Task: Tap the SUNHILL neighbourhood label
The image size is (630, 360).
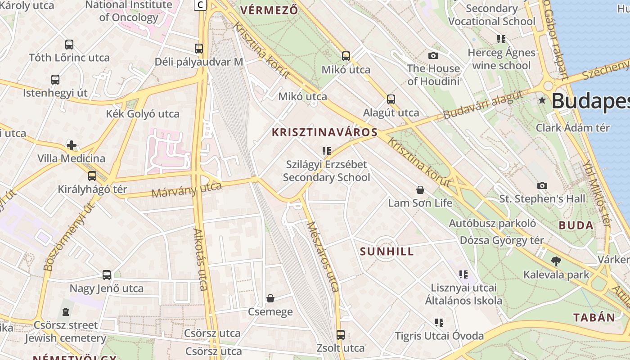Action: click(x=387, y=252)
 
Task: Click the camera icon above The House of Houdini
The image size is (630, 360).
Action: click(x=433, y=55)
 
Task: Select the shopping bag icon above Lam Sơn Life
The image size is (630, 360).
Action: click(x=420, y=190)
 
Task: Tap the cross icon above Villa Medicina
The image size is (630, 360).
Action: click(x=72, y=145)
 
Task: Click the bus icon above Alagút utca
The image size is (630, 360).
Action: click(x=391, y=99)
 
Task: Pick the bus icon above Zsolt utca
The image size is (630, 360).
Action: click(x=341, y=335)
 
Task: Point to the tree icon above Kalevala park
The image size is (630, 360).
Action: click(x=556, y=261)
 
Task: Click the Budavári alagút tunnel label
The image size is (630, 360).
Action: click(x=483, y=104)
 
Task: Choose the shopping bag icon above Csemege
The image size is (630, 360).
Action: click(x=270, y=298)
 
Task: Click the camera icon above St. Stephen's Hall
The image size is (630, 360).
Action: click(x=542, y=185)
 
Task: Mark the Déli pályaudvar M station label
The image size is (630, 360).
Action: click(x=198, y=62)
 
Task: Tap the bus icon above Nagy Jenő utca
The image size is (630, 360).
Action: click(x=106, y=275)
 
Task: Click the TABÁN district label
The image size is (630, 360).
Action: click(x=594, y=317)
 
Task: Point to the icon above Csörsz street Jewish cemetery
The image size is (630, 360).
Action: click(x=66, y=312)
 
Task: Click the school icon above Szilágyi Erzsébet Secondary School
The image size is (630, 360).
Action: click(x=326, y=151)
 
